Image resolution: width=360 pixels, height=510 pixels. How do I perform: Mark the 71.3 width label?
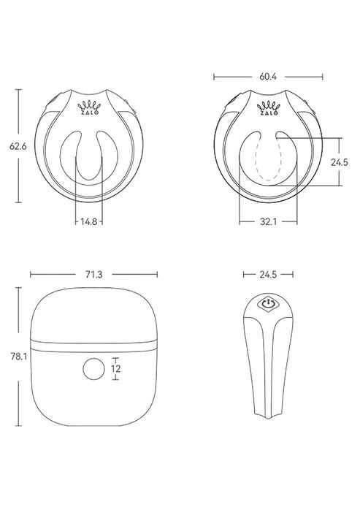click(x=93, y=275)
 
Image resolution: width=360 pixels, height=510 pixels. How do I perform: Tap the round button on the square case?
click(x=93, y=369)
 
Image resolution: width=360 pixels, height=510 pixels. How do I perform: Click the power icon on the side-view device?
click(x=268, y=302)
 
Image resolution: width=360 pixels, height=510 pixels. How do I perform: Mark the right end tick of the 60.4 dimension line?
click(x=321, y=75)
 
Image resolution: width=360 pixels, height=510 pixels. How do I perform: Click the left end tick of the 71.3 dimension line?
click(x=31, y=275)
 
